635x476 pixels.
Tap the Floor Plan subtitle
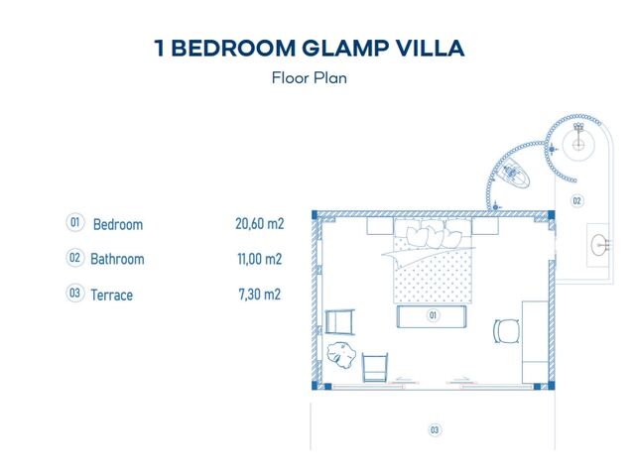(309, 77)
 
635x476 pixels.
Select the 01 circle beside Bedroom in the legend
(75, 222)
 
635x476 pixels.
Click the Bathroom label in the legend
(117, 259)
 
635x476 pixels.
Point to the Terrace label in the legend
(111, 296)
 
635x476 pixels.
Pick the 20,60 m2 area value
(260, 223)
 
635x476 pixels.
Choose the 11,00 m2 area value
(260, 259)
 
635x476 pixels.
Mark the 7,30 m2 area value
(260, 295)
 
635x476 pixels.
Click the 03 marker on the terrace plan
(435, 429)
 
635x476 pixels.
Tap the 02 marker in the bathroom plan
(576, 200)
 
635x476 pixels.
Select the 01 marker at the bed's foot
(433, 315)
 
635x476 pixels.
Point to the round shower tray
(578, 144)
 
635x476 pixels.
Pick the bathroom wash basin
(599, 245)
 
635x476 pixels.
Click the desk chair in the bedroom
(507, 331)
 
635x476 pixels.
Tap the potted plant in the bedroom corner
(341, 355)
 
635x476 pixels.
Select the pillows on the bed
(434, 236)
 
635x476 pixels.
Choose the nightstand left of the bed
(380, 226)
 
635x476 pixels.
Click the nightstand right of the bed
(485, 226)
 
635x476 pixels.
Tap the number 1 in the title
(160, 48)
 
